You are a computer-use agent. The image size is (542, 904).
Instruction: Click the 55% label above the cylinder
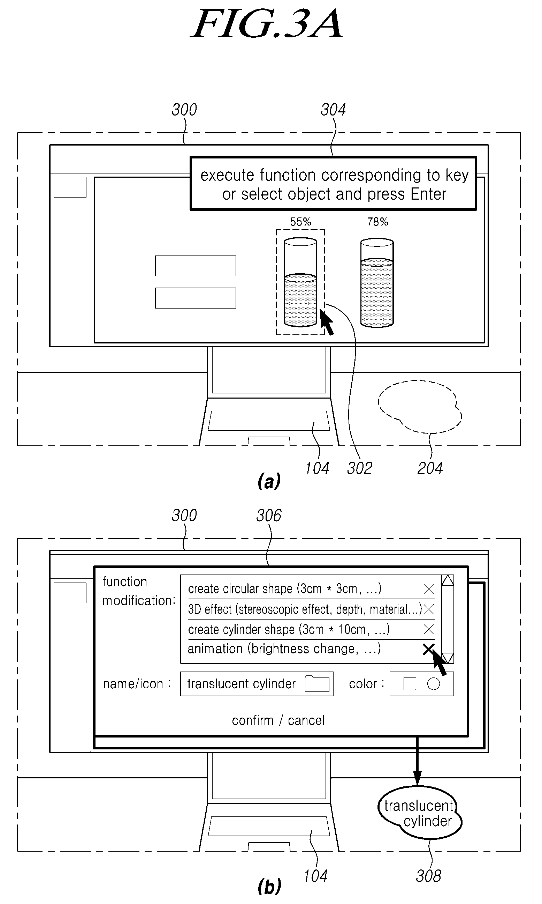click(300, 222)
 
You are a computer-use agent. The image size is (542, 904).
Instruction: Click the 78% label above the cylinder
click(377, 222)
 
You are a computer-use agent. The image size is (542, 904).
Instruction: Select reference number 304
click(333, 110)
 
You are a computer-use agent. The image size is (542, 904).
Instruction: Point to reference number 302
click(359, 468)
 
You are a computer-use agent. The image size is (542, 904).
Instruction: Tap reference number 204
click(430, 468)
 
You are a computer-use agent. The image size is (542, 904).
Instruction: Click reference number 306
click(269, 516)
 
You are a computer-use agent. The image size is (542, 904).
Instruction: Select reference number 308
click(428, 876)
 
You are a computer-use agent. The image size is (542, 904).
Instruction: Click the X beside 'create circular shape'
click(428, 589)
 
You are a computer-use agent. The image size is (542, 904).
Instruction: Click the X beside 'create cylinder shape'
click(428, 629)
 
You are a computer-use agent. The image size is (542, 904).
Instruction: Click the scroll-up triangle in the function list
click(448, 581)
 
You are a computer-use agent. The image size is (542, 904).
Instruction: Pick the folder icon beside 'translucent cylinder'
click(317, 683)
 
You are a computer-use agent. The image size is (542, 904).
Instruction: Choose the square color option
click(410, 684)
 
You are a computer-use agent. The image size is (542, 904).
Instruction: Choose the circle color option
click(434, 684)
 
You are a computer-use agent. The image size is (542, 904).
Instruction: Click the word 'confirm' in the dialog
click(253, 720)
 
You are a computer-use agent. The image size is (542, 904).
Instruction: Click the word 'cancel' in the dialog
click(306, 720)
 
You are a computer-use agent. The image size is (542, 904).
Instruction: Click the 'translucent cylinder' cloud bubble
click(420, 813)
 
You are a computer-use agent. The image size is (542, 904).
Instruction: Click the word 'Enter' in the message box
click(428, 194)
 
